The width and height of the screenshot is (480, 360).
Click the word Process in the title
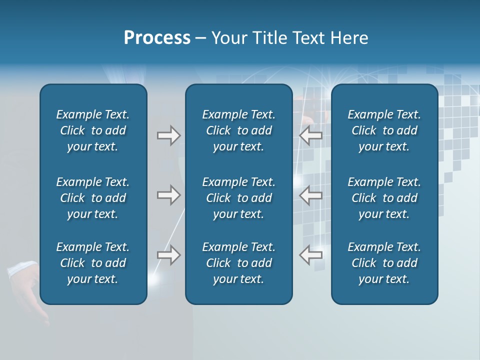click(x=157, y=38)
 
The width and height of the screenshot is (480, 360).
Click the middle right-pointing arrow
click(x=169, y=195)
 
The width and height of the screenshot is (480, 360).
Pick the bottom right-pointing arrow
click(x=169, y=255)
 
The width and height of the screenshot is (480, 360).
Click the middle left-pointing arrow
click(x=310, y=195)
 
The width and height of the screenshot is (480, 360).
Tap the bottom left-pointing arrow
click(x=310, y=255)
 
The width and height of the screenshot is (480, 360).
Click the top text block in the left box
click(x=93, y=130)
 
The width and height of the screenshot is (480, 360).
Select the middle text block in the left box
click(x=93, y=198)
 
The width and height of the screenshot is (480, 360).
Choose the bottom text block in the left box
click(x=93, y=263)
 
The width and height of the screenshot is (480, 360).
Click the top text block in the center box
click(x=238, y=130)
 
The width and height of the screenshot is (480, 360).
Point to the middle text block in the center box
click(x=238, y=198)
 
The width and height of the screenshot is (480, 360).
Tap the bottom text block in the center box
click(x=238, y=263)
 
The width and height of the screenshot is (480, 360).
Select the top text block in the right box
click(x=384, y=130)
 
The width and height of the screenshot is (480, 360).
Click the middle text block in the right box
click(x=384, y=198)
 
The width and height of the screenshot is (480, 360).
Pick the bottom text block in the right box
click(x=384, y=263)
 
